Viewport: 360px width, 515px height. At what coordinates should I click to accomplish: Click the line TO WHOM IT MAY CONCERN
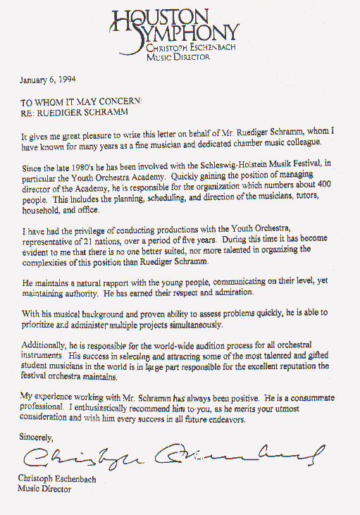[80, 101]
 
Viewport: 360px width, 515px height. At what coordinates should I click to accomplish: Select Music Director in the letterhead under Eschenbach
[173, 57]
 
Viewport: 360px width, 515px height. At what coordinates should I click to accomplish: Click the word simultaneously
[190, 325]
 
